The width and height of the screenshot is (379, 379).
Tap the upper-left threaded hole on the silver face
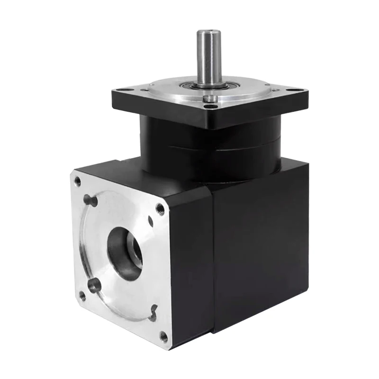(78, 181)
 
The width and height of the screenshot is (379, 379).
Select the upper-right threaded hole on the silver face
(160, 208)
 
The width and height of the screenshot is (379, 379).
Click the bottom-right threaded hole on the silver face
(163, 336)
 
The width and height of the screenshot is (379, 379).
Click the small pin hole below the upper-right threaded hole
(151, 221)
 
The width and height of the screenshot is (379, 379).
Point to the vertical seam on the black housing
(213, 256)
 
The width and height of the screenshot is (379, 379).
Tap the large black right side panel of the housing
(261, 246)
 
